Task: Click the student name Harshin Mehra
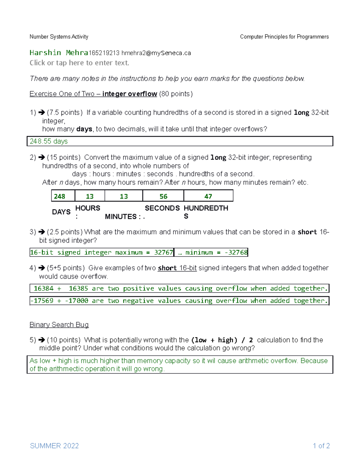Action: coord(59,53)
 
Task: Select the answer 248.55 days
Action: coord(49,141)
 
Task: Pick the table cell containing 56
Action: coord(163,196)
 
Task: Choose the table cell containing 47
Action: coord(208,196)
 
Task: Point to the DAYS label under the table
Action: coord(61,212)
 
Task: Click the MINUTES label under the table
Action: coord(121,216)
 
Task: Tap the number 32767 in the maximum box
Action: coord(163,252)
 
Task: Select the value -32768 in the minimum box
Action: coord(236,252)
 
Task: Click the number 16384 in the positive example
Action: coord(43,288)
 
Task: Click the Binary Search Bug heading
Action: coord(59,325)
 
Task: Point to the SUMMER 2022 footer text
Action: coord(54,446)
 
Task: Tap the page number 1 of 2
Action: coord(321,446)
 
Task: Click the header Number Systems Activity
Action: coord(59,37)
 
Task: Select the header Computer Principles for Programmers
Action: coord(284,37)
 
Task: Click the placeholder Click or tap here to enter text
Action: coord(79,63)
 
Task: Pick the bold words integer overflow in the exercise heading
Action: coord(130,94)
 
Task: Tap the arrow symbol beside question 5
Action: coord(42,340)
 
